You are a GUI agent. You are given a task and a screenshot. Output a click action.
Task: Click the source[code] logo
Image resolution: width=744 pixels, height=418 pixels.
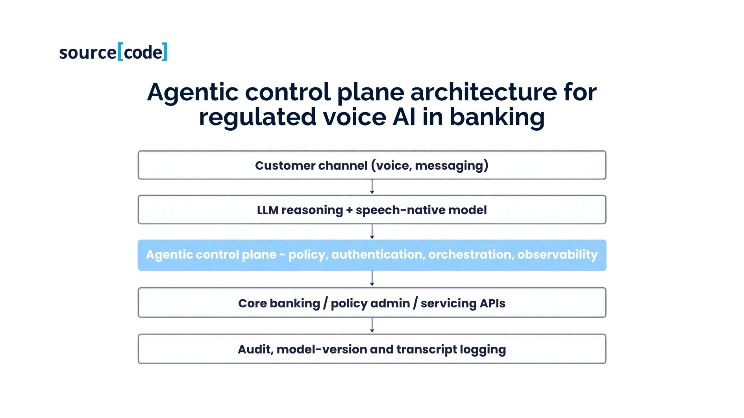pos(113,52)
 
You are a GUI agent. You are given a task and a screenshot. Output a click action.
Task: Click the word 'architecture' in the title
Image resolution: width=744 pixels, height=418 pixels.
pos(484,92)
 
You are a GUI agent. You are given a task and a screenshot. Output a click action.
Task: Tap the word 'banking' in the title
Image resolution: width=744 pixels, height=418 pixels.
pos(497,117)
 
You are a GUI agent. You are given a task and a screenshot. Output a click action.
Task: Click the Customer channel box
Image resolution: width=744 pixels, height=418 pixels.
pos(372,165)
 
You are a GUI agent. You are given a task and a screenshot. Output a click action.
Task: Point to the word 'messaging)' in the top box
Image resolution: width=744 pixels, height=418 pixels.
pos(452,166)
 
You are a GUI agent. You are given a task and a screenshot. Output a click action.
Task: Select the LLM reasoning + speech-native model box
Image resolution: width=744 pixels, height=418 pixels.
pos(372,210)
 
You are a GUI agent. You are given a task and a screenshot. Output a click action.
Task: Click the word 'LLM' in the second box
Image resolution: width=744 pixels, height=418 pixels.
pos(268,210)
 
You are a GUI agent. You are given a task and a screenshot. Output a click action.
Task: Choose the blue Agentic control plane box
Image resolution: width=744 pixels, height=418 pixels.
pos(372,255)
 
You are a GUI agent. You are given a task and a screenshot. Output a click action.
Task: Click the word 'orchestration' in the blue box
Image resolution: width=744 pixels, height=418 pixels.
pos(471,255)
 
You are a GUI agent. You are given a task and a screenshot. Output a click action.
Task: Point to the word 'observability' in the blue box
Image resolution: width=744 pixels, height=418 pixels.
pos(557,255)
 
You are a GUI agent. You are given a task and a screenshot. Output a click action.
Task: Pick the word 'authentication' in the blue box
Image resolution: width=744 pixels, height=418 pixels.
pos(378,255)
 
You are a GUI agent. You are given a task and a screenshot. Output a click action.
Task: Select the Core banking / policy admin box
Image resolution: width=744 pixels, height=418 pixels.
pos(372,302)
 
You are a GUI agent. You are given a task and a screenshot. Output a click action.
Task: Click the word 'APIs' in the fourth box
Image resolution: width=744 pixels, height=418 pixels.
pos(492,303)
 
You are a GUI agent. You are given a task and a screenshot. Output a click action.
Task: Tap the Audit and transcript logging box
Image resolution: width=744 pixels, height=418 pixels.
pos(372,349)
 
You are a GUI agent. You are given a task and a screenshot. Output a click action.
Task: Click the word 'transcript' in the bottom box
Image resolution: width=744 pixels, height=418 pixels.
pos(426,350)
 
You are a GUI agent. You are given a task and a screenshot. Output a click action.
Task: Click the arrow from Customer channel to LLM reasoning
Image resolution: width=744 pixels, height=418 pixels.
pos(372,187)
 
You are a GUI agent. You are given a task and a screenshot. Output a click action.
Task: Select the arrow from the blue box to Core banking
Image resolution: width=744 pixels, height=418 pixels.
pos(372,279)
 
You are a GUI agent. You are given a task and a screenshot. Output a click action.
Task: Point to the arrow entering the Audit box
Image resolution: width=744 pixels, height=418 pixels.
pos(372,326)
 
